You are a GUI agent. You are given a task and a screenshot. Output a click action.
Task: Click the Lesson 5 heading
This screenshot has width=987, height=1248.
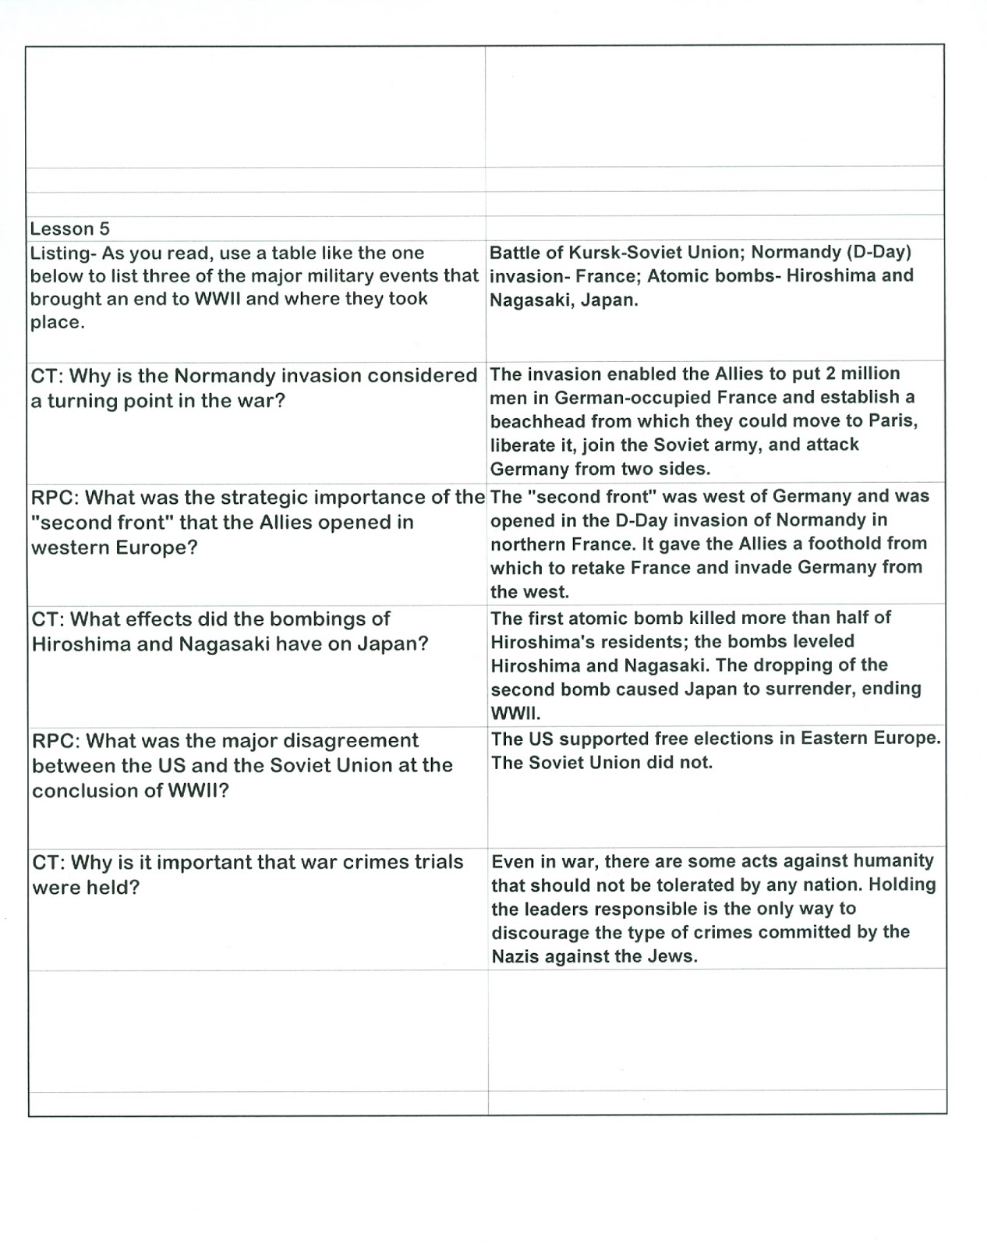tap(69, 229)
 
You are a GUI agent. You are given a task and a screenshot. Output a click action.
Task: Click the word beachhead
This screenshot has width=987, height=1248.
tap(537, 421)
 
